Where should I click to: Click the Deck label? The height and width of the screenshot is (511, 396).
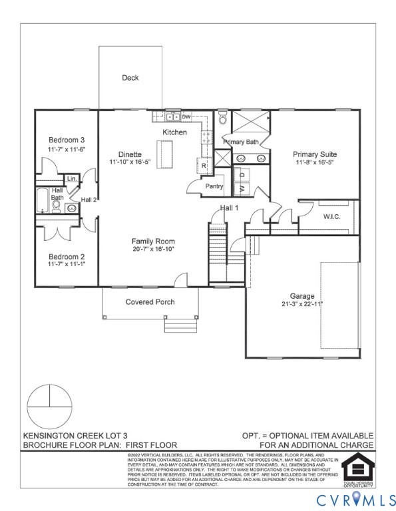coord(130,78)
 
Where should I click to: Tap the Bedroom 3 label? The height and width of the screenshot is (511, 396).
coord(67,140)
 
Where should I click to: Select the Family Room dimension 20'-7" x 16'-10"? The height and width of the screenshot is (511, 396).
coord(152,250)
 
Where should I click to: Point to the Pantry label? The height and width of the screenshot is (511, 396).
coord(214,186)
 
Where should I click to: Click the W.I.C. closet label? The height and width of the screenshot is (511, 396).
coord(332,216)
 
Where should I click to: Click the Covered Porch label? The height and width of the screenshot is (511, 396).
coord(150,301)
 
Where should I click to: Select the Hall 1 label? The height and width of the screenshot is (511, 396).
coord(230,208)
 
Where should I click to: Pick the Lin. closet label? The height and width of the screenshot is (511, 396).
coord(72,179)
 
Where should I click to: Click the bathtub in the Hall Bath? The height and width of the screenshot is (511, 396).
coord(42,200)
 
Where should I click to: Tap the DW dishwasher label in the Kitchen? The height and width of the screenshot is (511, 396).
coord(186,117)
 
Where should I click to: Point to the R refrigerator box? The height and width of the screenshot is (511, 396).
coord(204,166)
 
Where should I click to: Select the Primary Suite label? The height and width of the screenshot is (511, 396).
coord(315,154)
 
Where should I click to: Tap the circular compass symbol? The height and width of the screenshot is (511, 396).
coord(49,406)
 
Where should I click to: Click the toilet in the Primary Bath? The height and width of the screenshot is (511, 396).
coord(222,118)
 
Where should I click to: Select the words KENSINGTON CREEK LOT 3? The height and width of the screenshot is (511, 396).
coord(69,434)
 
